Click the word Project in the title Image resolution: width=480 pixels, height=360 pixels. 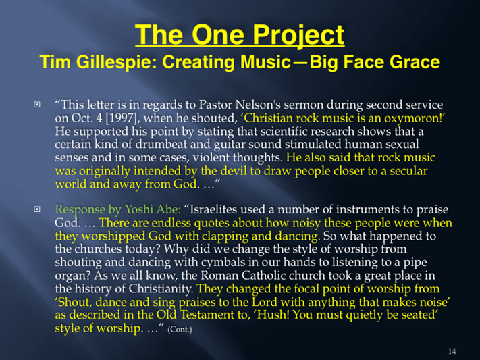click(298, 36)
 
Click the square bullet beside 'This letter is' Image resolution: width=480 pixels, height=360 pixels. click(36, 105)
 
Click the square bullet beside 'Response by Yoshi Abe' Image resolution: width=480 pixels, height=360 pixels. click(36, 209)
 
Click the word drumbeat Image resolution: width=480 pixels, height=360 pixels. click(161, 144)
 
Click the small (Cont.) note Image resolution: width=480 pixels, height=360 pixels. click(180, 330)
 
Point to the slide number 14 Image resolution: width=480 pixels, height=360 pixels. click(452, 351)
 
